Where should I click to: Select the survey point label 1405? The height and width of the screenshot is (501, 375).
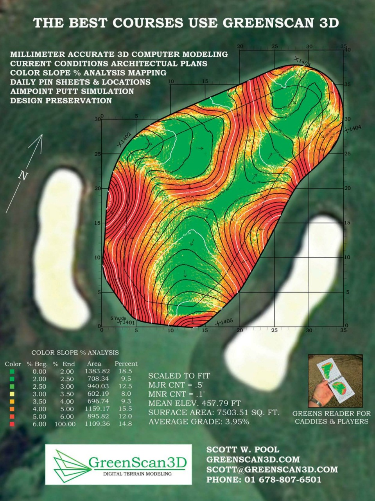coord(227,322)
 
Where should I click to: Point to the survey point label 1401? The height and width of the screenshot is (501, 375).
coord(129,323)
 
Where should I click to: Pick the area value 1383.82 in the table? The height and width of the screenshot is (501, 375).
coord(97,371)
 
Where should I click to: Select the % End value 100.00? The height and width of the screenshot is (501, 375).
coord(65,424)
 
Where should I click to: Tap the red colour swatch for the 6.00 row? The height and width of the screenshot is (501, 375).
coord(13,424)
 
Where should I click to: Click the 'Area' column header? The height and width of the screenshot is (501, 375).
coord(94,364)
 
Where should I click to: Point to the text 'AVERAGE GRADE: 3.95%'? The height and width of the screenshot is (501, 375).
coord(199,422)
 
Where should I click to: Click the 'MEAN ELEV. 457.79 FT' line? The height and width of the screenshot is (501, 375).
coord(194,403)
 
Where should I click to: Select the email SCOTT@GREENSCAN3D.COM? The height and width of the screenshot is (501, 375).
coord(272,469)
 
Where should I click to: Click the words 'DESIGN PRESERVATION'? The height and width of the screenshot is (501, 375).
coord(61,101)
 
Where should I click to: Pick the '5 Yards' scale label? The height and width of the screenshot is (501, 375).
coord(118,318)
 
